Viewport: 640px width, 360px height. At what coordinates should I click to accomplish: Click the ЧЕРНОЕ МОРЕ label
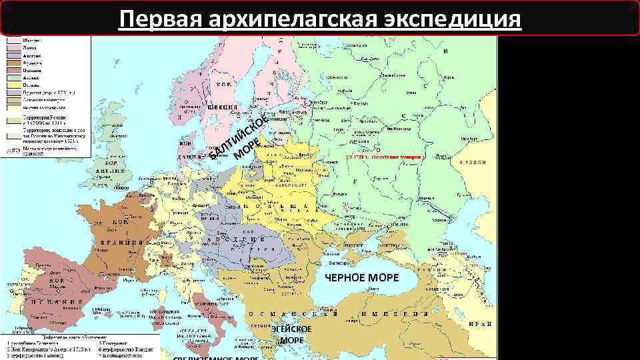362,277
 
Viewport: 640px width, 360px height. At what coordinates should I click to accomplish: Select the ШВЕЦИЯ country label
223,107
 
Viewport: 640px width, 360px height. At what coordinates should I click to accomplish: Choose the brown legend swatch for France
13,63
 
